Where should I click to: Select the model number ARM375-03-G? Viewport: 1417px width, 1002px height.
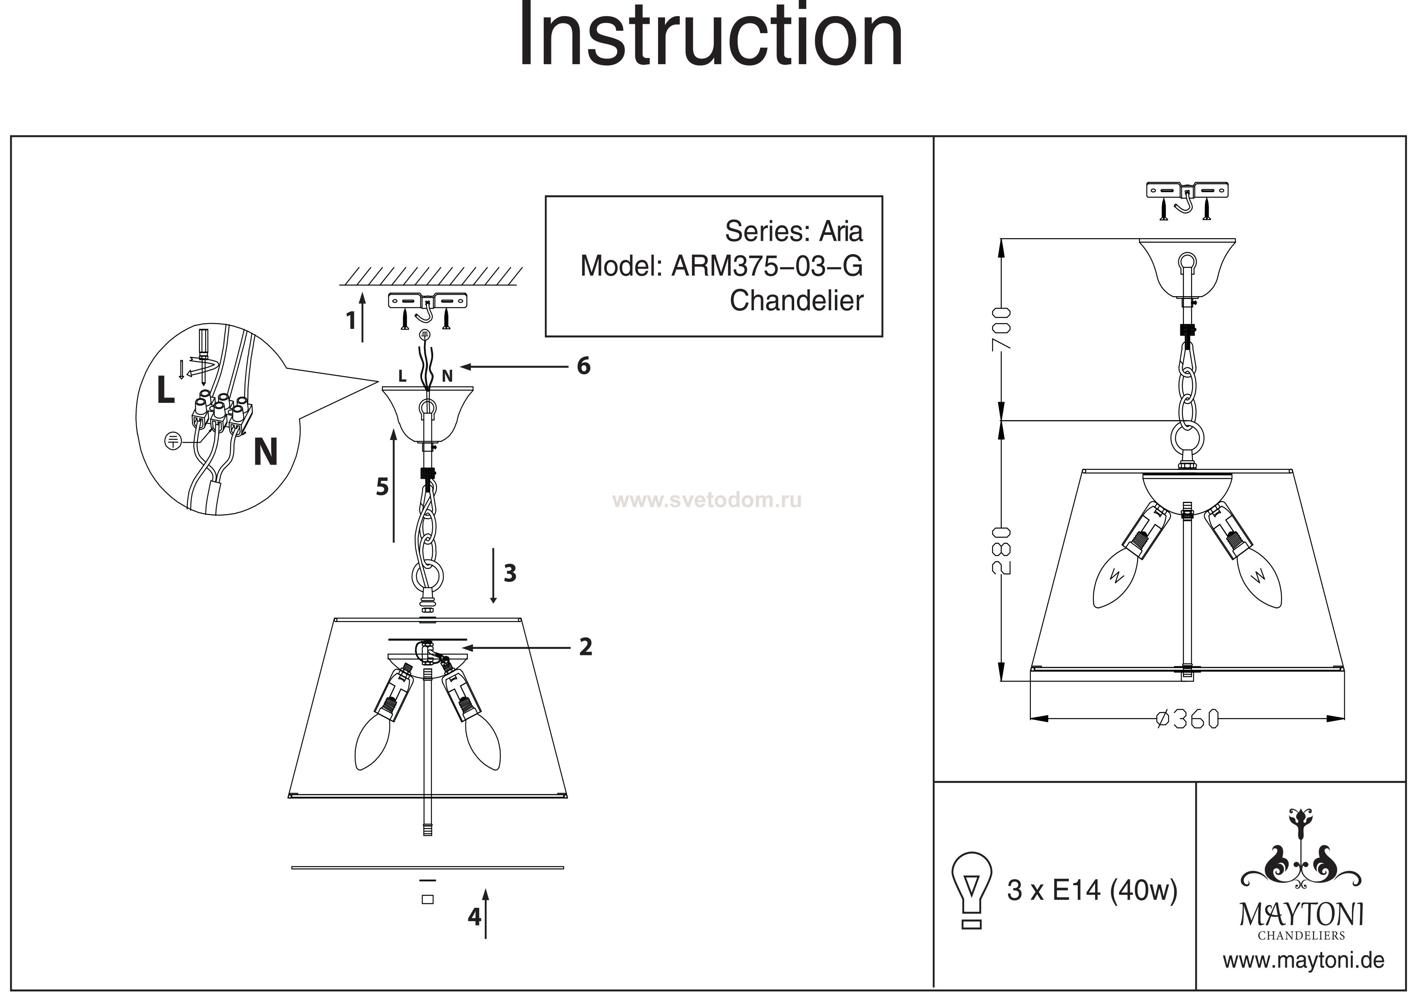pyautogui.click(x=767, y=267)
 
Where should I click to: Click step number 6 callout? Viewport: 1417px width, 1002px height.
pyautogui.click(x=583, y=366)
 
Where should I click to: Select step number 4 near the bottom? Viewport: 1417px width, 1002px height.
pyautogui.click(x=474, y=916)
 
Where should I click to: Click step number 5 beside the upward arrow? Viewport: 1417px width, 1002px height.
pyautogui.click(x=383, y=487)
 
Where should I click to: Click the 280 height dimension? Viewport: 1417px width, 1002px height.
pyautogui.click(x=1002, y=551)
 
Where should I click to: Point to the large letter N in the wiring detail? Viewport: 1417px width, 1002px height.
pyautogui.click(x=265, y=453)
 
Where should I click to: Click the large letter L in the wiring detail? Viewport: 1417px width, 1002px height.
pyautogui.click(x=165, y=391)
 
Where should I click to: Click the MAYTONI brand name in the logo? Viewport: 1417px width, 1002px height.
pyautogui.click(x=1301, y=915)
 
